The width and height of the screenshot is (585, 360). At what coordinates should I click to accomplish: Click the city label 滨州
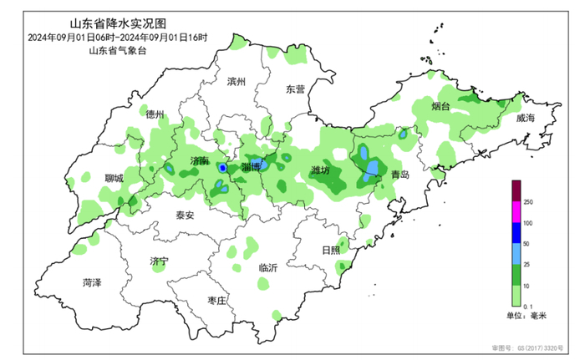click(x=238, y=82)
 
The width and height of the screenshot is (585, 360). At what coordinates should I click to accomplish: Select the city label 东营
click(x=295, y=89)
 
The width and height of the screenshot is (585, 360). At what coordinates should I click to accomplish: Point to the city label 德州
click(x=155, y=114)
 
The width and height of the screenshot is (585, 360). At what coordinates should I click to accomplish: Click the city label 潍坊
click(x=320, y=170)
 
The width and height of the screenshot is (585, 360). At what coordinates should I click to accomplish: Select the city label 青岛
click(x=400, y=175)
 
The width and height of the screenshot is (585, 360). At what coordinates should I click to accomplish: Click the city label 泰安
click(x=184, y=215)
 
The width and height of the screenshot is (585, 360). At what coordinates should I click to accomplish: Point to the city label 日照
click(x=331, y=250)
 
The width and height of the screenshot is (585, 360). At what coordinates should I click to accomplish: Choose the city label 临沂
click(x=268, y=267)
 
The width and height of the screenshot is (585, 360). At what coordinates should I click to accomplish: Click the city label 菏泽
click(x=91, y=282)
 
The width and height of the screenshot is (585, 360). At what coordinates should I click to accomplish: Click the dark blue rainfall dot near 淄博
click(x=223, y=168)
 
